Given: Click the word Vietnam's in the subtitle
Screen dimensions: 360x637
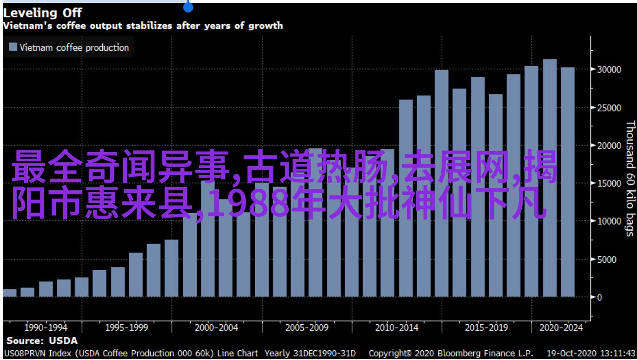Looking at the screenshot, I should (x=27, y=26).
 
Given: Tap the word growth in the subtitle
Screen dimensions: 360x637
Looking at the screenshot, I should (x=265, y=26).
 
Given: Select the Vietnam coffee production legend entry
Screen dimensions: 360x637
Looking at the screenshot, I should (x=68, y=47).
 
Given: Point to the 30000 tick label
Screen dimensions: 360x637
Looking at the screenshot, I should (x=609, y=70).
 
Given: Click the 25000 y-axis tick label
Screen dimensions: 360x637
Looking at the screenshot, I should (x=609, y=108).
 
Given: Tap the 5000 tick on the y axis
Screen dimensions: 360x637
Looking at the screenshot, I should (x=607, y=260).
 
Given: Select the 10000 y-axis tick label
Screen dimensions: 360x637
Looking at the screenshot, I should (x=609, y=221).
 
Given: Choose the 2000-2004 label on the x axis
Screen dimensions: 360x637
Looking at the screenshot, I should (x=216, y=328).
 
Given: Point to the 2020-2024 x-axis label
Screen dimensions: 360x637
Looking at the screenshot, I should (x=561, y=328).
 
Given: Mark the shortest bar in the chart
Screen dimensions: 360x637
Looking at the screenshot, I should (x=10, y=293).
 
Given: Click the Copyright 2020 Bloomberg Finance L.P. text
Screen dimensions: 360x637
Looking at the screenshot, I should (x=451, y=353).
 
